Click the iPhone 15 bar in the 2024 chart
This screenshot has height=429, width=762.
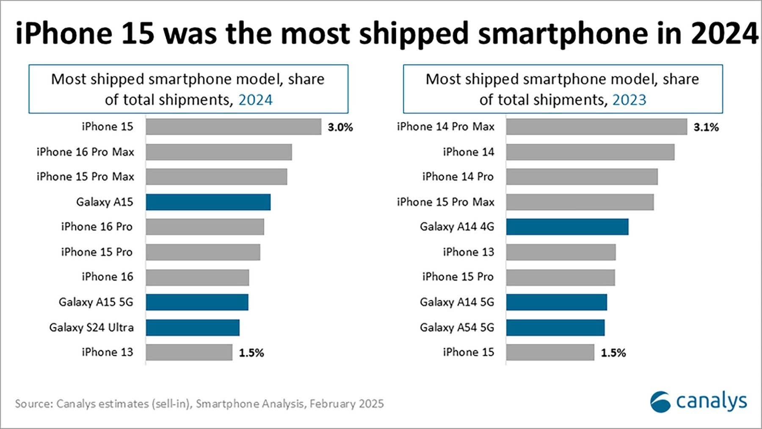tap(233, 127)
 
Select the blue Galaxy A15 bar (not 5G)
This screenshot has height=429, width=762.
tap(208, 202)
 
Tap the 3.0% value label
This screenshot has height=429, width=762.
tap(340, 127)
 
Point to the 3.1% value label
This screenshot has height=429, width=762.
tap(706, 127)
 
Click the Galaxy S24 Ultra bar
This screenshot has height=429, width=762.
tap(193, 328)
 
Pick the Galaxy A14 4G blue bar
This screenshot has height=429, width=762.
tap(567, 227)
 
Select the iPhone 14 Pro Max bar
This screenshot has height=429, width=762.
tap(596, 127)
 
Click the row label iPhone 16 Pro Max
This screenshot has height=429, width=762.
tap(86, 152)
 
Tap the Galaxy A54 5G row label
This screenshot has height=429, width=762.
tap(457, 327)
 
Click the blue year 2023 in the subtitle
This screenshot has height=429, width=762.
tap(629, 100)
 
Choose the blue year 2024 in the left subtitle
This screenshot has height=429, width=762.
tap(255, 100)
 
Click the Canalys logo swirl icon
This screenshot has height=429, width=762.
tap(660, 401)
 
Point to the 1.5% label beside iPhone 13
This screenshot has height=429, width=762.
tap(251, 353)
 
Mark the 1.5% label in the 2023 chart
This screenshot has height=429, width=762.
tap(613, 353)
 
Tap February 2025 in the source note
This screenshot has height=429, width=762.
tap(346, 404)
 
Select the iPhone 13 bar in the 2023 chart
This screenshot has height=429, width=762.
tap(561, 252)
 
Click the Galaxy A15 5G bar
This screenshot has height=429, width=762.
tap(197, 302)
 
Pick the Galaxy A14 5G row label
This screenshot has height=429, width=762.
tap(457, 302)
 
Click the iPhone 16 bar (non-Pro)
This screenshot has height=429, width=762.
tap(197, 277)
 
